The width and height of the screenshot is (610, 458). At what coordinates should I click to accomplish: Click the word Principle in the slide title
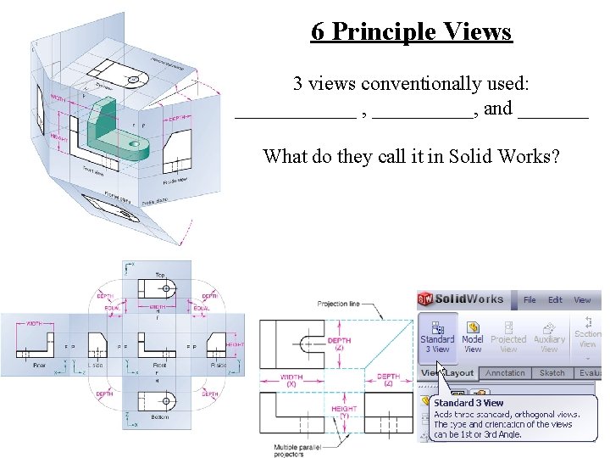[394, 32]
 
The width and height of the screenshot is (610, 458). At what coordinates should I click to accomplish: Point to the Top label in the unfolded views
[160, 275]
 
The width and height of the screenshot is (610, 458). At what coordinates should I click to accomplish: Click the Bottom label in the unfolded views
[160, 416]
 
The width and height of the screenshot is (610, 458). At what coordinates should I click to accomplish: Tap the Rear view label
[40, 366]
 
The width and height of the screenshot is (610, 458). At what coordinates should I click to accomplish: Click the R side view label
[219, 366]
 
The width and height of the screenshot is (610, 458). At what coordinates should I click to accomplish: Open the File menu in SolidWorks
[530, 299]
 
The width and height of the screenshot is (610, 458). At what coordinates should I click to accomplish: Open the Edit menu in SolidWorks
[555, 299]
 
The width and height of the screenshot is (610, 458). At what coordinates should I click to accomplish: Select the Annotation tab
[505, 373]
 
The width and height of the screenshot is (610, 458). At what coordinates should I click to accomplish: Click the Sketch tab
[552, 373]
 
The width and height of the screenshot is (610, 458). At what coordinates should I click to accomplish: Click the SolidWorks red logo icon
[425, 299]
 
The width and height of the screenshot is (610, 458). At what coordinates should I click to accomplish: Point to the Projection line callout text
[338, 304]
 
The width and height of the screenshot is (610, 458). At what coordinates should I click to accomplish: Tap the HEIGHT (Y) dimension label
[344, 411]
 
